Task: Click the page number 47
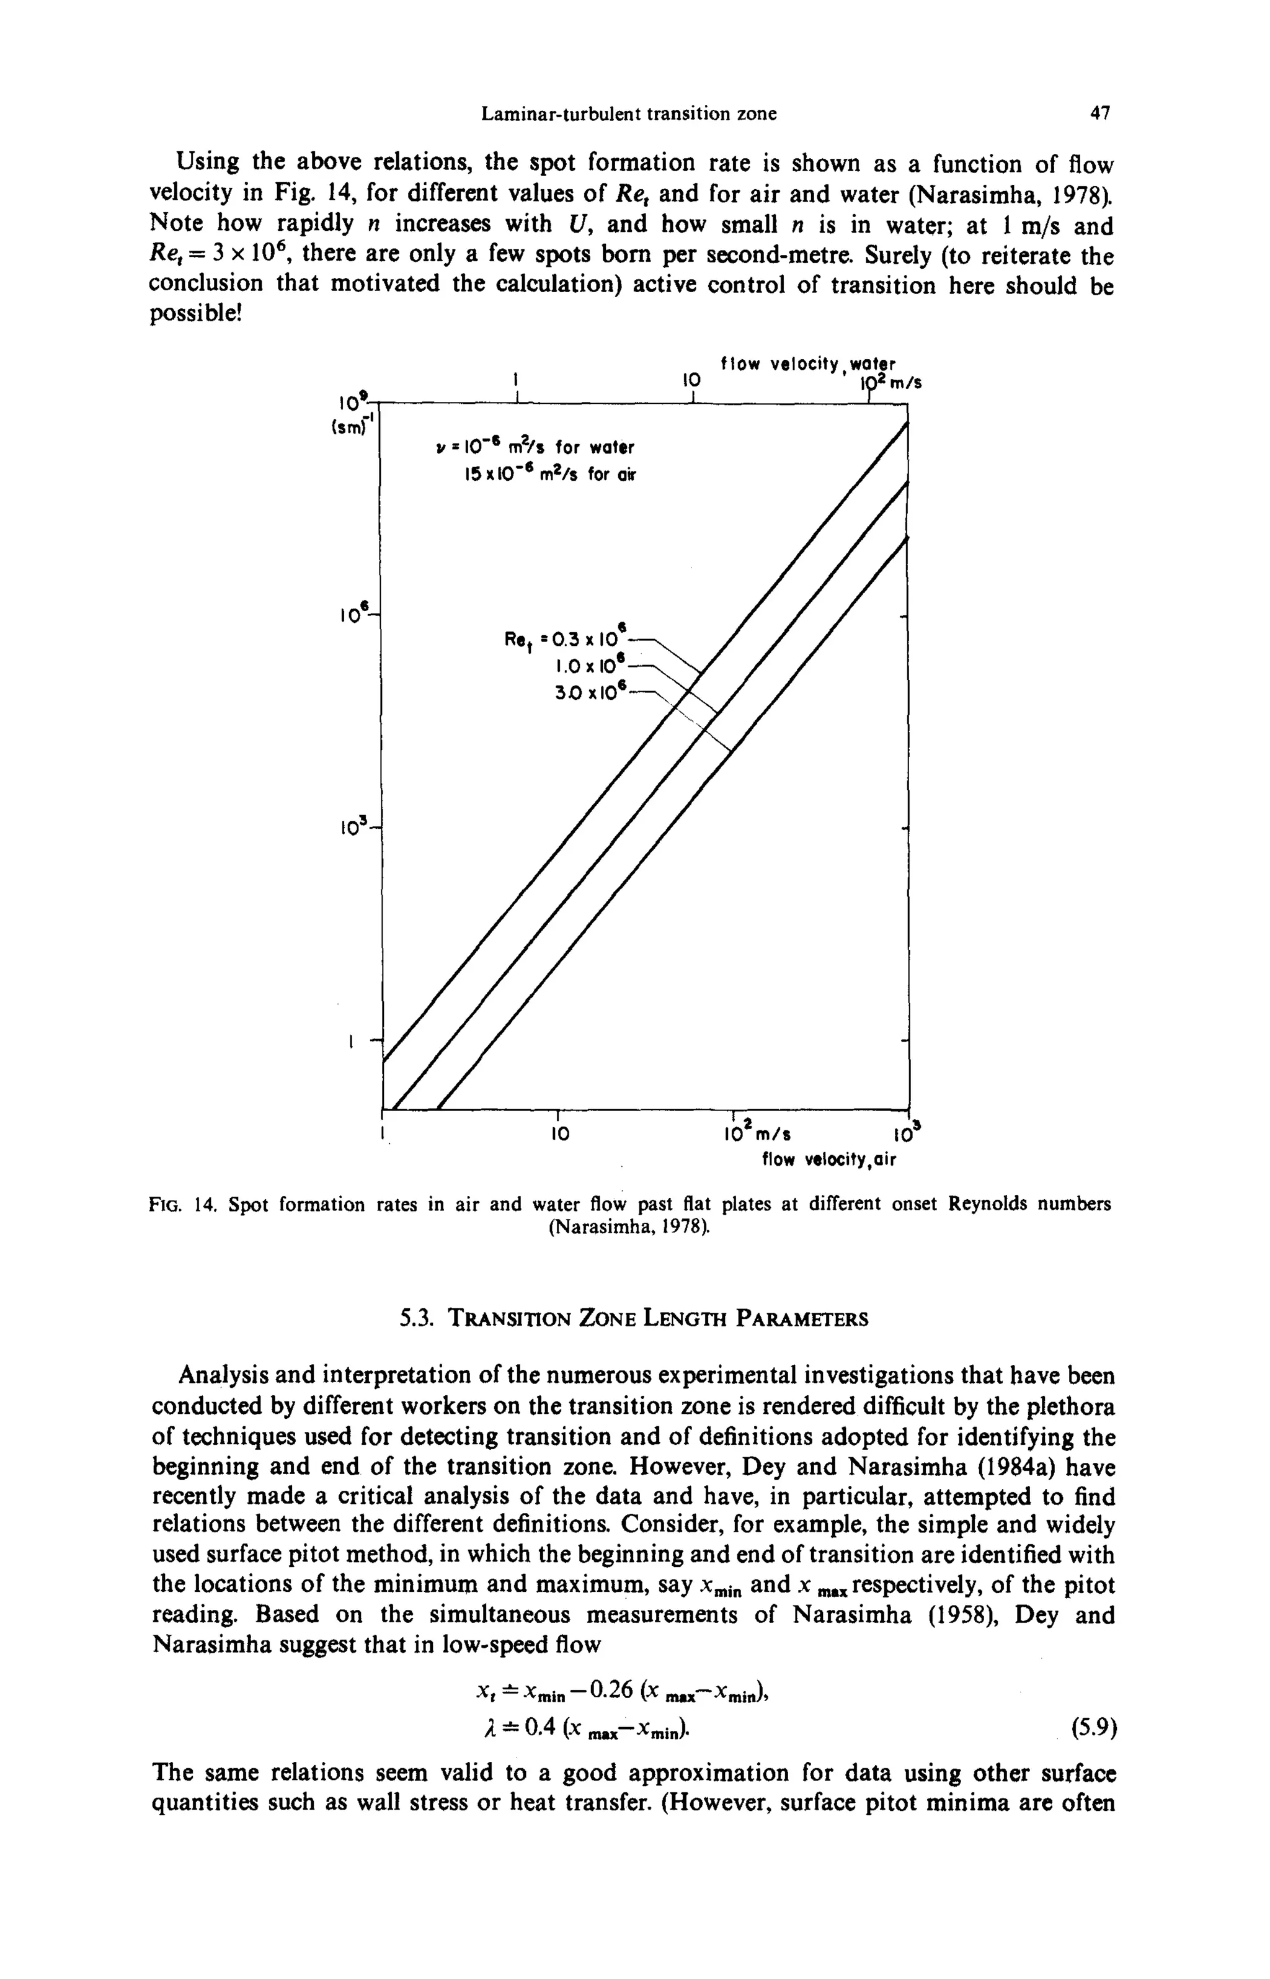point(1100,114)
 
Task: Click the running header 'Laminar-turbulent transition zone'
point(628,114)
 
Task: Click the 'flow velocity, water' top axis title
point(807,364)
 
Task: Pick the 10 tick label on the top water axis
point(690,381)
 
